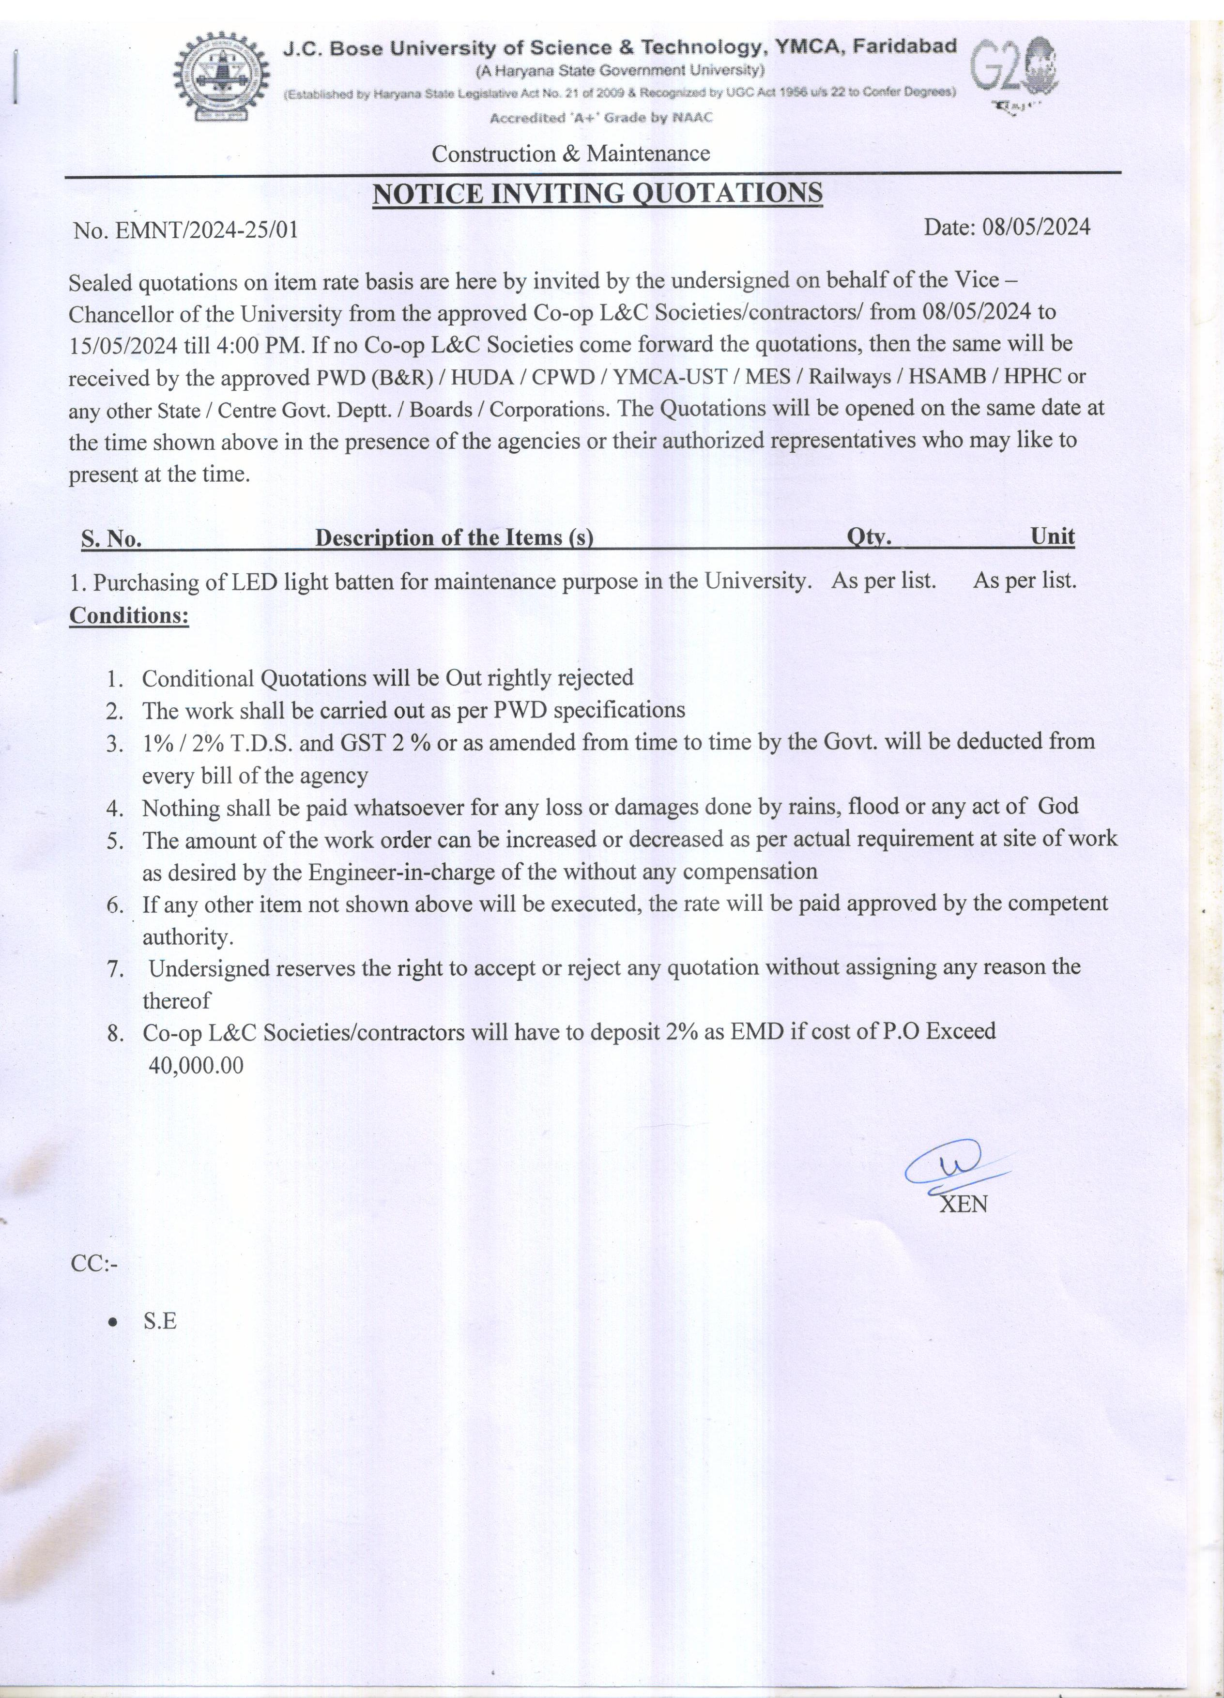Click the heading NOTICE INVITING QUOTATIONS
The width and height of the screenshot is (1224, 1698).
tap(597, 194)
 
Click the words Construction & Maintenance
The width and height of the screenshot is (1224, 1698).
tap(570, 154)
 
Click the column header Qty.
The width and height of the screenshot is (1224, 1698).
tap(869, 537)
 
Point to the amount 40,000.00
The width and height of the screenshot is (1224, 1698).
tap(196, 1065)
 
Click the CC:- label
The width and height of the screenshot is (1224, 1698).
tap(93, 1265)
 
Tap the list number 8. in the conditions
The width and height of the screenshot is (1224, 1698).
tap(115, 1034)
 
